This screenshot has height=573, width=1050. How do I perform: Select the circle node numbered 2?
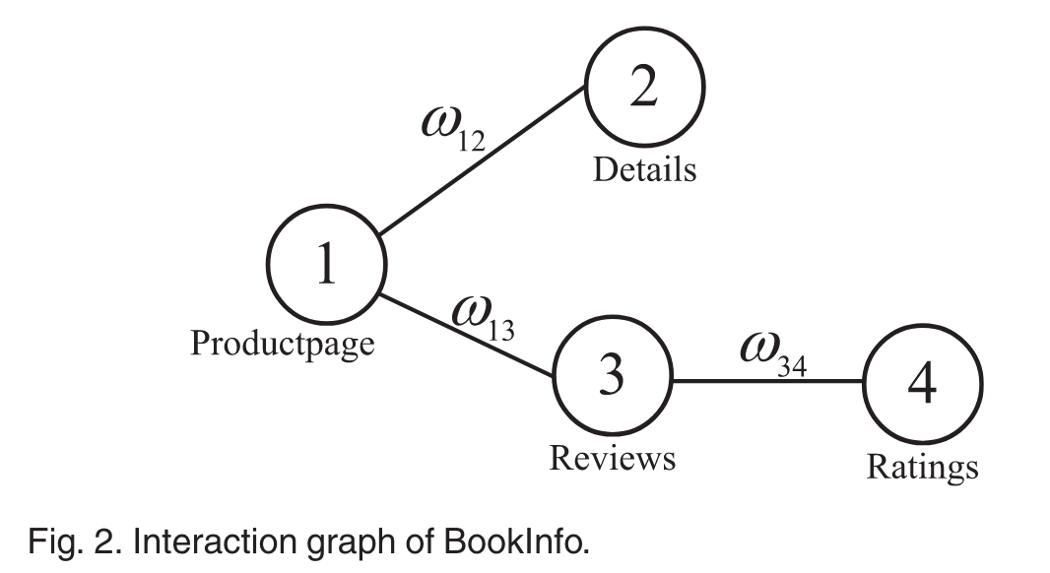[x=644, y=90]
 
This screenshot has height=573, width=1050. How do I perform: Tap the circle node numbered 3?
[x=612, y=377]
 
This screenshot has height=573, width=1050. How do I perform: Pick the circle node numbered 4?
[x=922, y=385]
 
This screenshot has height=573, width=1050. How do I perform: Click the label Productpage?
[x=282, y=344]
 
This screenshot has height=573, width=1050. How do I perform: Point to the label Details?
[x=644, y=169]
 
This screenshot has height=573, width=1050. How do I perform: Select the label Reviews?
[x=612, y=458]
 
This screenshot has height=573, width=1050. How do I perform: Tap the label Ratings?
[x=922, y=466]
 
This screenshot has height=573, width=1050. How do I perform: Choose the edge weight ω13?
[x=483, y=316]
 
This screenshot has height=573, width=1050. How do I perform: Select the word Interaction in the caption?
[x=187, y=541]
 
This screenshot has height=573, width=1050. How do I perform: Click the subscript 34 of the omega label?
[x=791, y=367]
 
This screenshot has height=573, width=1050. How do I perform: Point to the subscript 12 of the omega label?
[x=471, y=143]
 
